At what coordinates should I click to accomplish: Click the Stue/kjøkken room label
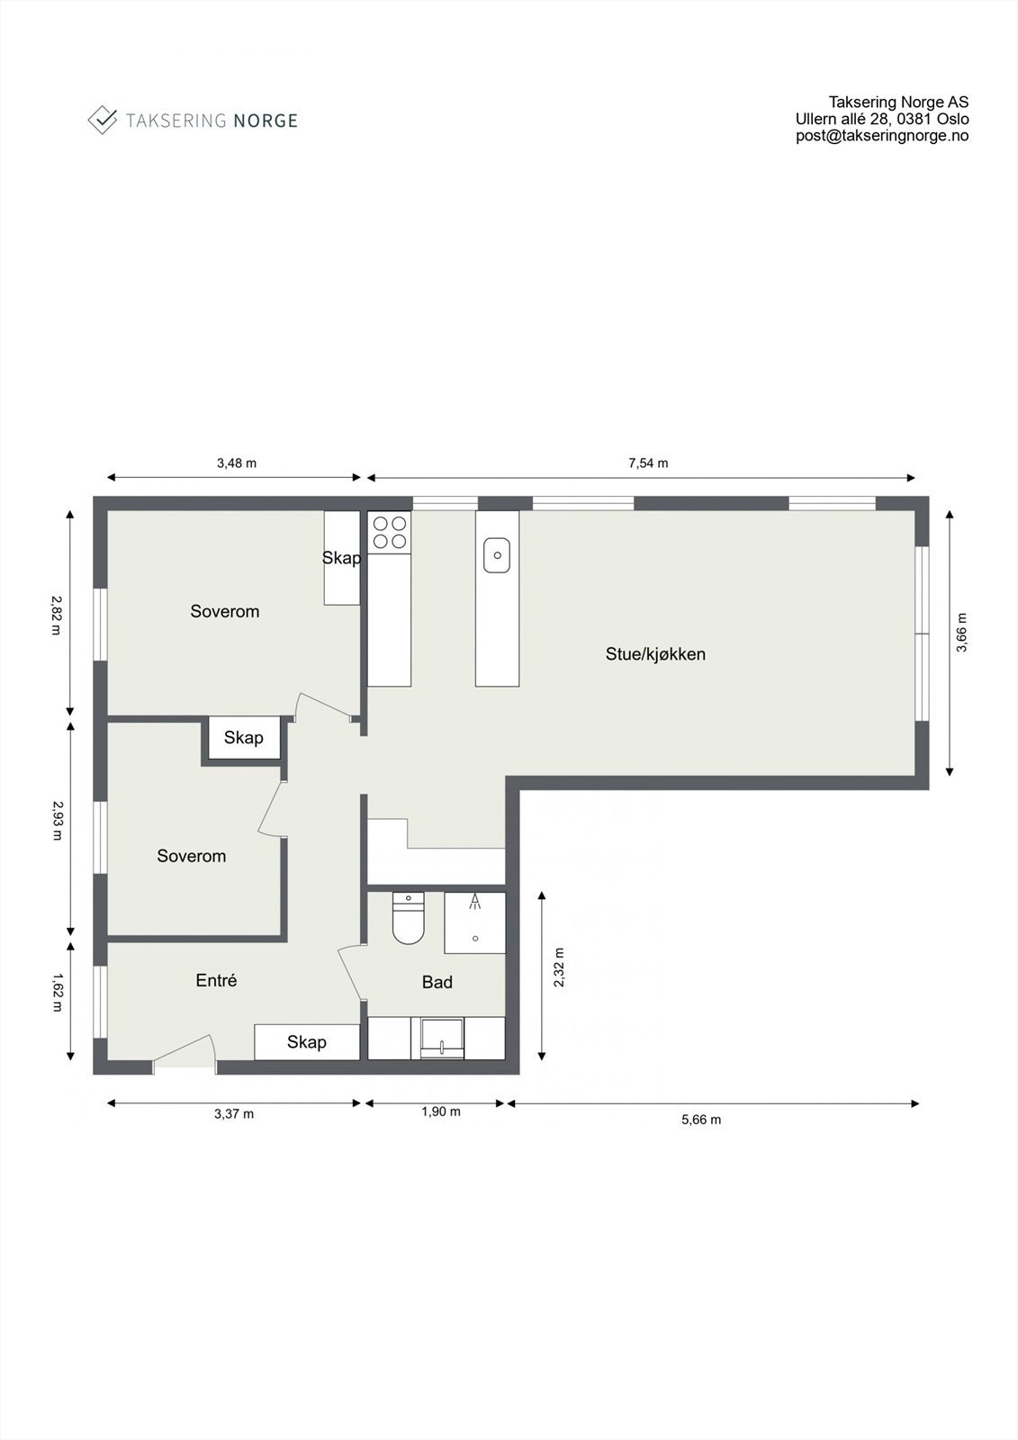654,654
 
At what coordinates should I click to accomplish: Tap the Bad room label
437,982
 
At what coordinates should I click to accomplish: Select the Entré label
216,980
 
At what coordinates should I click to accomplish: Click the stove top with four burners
389,531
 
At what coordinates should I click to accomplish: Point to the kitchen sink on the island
497,554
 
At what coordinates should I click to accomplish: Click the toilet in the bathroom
408,918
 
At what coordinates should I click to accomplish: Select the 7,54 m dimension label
648,463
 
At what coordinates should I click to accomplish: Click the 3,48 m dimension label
237,463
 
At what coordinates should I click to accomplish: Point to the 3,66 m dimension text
961,632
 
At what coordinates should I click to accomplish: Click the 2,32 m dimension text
559,967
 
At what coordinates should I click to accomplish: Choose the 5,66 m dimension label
701,1120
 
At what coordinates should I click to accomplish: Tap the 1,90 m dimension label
441,1111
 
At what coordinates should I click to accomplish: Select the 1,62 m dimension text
57,993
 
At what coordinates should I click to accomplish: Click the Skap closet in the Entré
307,1042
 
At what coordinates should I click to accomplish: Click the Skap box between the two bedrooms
243,738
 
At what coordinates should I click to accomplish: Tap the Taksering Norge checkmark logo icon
103,120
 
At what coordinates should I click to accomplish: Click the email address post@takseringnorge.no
882,136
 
